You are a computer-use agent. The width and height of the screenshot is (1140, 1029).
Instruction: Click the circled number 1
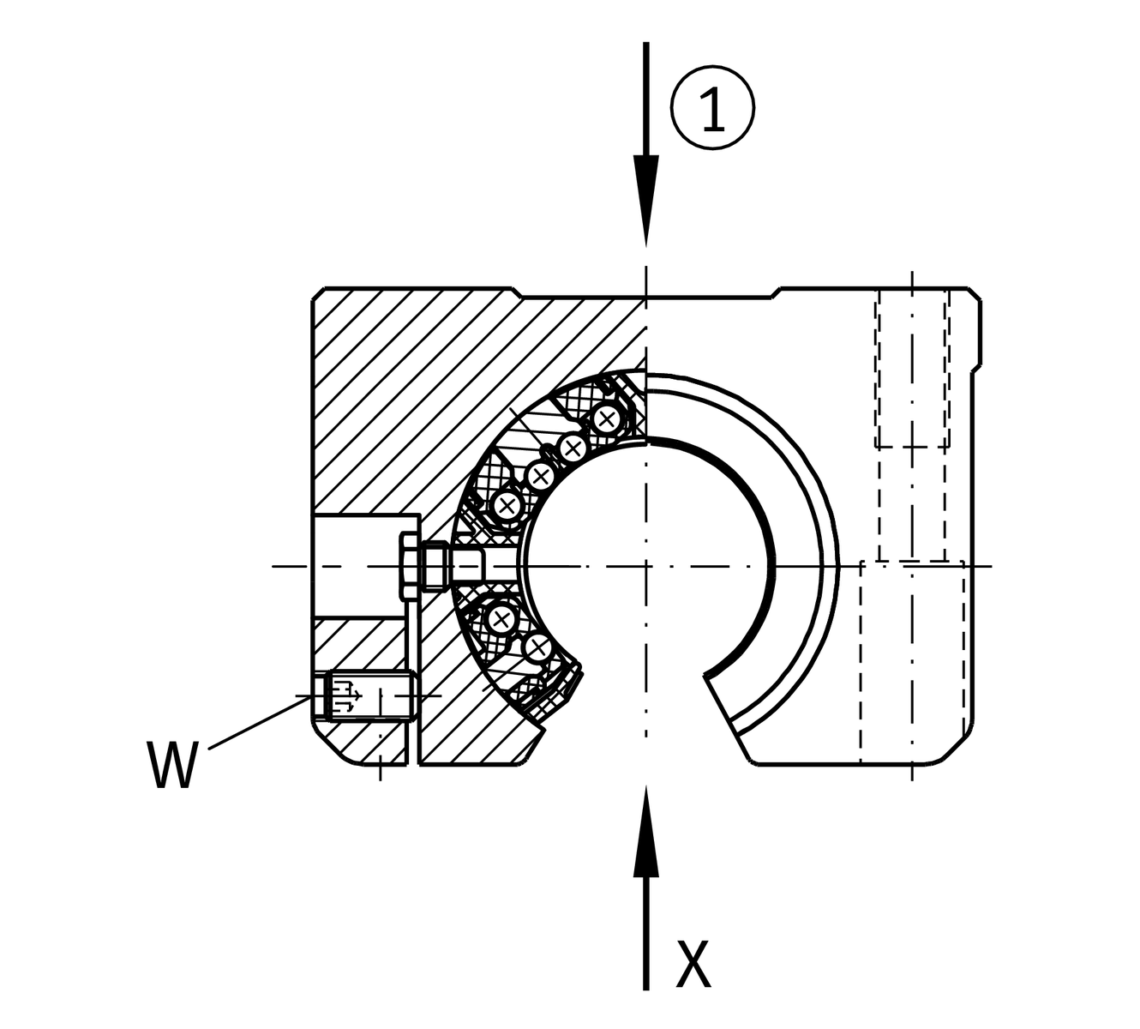[713, 109]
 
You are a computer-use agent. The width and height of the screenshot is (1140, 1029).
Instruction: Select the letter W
[173, 765]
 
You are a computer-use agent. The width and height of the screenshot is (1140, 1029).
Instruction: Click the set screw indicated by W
[364, 695]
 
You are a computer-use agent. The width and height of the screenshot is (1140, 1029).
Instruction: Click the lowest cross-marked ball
[537, 647]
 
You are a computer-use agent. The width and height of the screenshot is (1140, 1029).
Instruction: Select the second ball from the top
[573, 447]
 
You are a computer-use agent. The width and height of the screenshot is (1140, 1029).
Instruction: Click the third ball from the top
[539, 475]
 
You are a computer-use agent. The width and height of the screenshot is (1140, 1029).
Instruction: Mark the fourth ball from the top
[507, 505]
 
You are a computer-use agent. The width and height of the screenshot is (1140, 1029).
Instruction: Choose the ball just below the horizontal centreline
[501, 619]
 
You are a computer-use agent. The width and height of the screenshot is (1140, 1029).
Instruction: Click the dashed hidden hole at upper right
[912, 369]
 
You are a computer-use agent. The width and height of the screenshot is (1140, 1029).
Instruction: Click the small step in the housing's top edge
[775, 293]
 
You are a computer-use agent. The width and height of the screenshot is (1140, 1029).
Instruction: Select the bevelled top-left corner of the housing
[316, 294]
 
